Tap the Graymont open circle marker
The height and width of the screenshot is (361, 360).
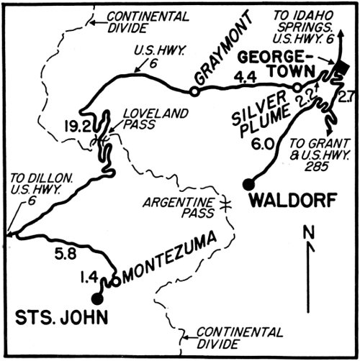(194, 91)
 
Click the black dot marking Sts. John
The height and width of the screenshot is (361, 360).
(97, 296)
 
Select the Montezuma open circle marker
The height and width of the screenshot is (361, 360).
(116, 281)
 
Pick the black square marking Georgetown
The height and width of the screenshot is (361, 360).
(341, 70)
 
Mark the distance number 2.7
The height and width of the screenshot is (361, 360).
(345, 95)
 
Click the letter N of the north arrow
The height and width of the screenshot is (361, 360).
(307, 234)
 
